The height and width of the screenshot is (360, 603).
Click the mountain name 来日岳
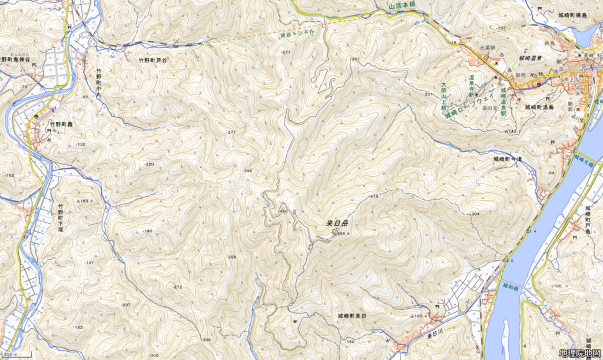click(337, 224)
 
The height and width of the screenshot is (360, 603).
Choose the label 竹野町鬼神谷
click(16, 60)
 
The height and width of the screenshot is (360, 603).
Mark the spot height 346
click(247, 171)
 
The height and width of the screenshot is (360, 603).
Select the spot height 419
click(374, 196)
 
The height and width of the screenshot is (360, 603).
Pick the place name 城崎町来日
click(352, 316)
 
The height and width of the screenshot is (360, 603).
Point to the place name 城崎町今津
click(508, 159)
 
